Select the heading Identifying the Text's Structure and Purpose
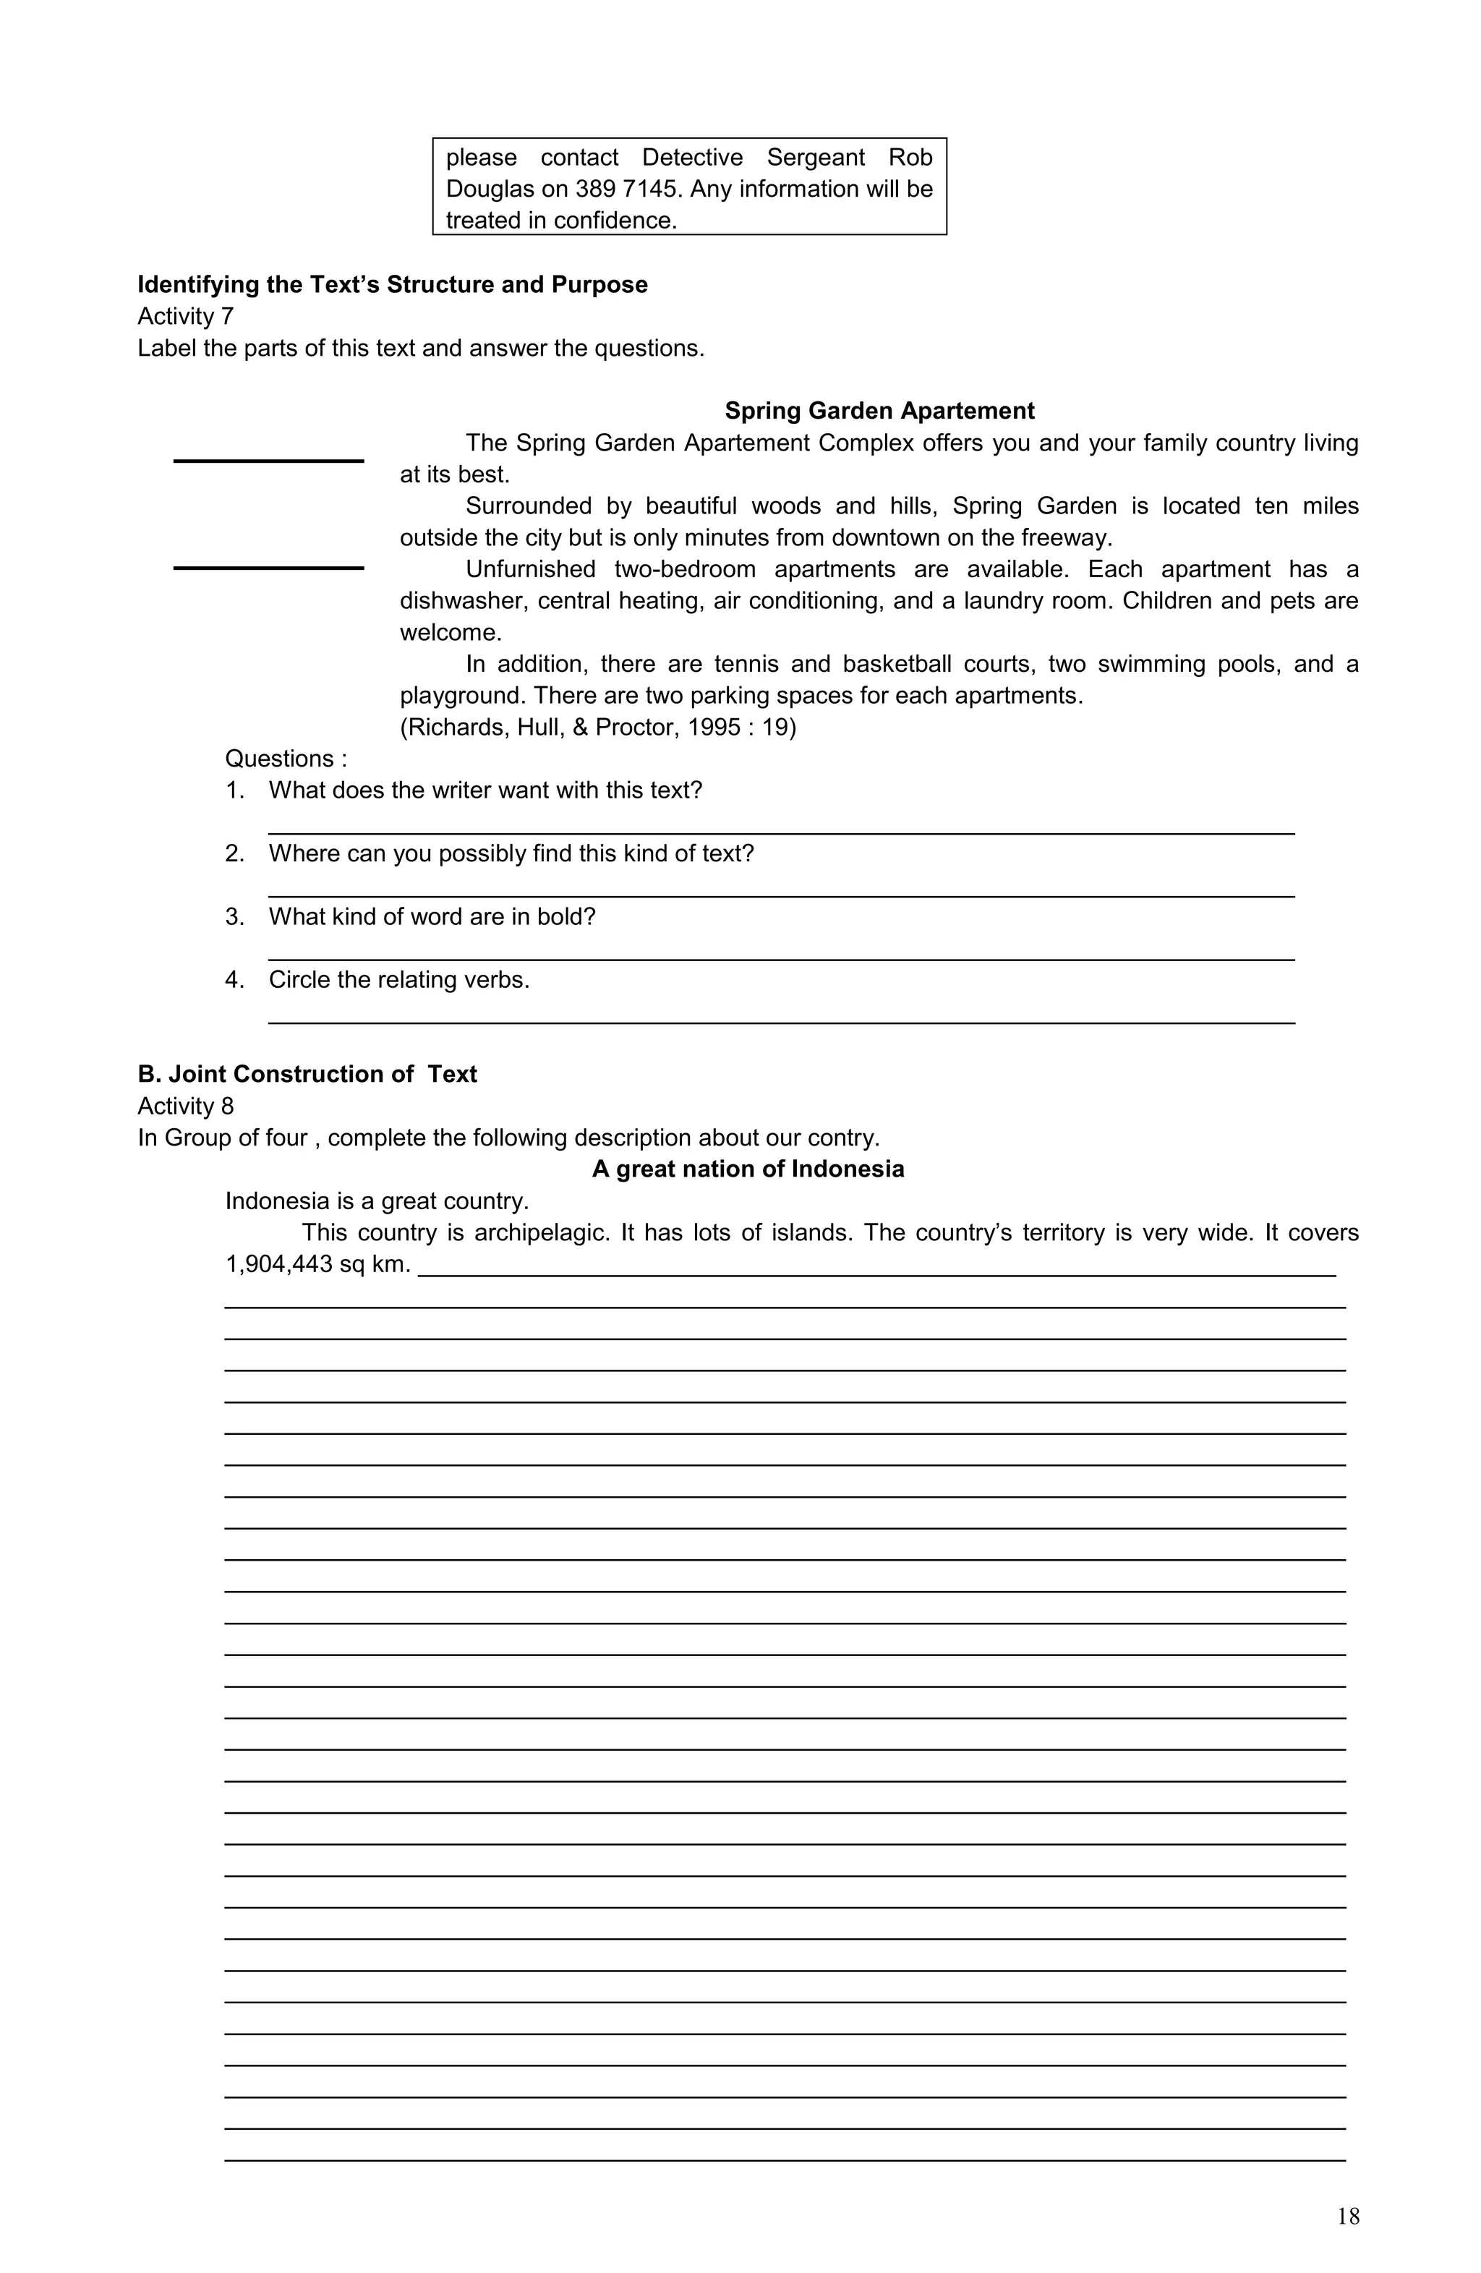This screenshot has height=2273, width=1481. (x=393, y=285)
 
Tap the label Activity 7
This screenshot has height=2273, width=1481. (x=185, y=316)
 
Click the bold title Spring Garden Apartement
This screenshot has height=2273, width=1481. (x=879, y=411)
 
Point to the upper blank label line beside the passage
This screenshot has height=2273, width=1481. (x=268, y=461)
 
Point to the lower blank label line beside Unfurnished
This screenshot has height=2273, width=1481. (x=268, y=568)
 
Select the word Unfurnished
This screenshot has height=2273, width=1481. (x=531, y=569)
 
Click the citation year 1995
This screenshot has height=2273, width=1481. (x=717, y=727)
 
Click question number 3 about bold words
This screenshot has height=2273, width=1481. (x=432, y=917)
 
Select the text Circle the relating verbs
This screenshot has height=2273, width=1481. (x=398, y=980)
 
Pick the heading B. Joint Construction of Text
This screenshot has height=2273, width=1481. (x=307, y=1075)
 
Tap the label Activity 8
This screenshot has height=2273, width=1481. (x=185, y=1106)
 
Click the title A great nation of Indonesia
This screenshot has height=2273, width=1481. (x=748, y=1169)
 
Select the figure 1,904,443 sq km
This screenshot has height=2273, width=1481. (x=317, y=1264)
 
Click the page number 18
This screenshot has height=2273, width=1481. (x=1347, y=2216)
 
